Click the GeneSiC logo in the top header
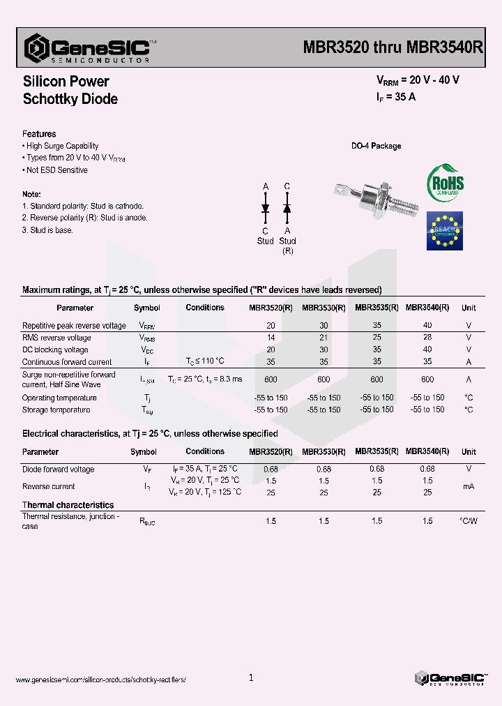(87, 49)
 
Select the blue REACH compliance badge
(445, 231)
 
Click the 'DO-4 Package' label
(376, 146)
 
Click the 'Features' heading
(39, 134)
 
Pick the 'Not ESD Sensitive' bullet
(56, 170)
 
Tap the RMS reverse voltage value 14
(271, 338)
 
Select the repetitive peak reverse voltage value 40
(427, 325)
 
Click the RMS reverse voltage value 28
(427, 338)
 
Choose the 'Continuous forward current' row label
(67, 362)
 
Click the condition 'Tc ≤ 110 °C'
(205, 361)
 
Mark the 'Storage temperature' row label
(56, 410)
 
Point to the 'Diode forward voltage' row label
(58, 470)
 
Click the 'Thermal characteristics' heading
(68, 505)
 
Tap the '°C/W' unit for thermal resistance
(469, 521)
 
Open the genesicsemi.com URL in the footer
(100, 679)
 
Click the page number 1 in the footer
(251, 677)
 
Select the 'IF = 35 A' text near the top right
(396, 97)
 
